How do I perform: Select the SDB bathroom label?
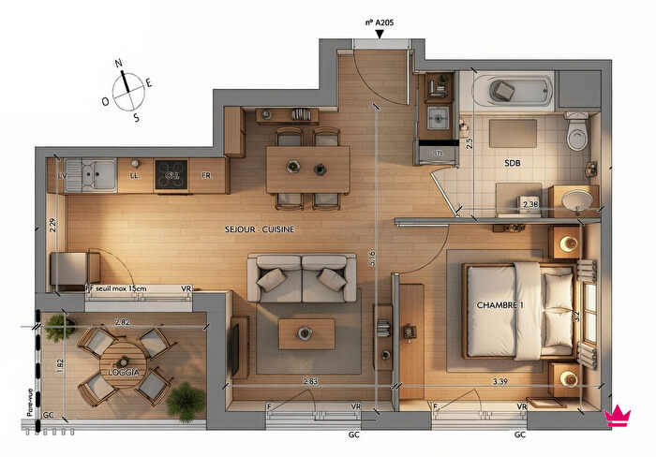512,162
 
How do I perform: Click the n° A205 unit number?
380,20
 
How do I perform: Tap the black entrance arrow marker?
379,35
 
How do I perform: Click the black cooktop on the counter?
171,174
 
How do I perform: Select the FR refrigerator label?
207,175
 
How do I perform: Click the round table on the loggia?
122,362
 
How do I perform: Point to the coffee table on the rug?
306,332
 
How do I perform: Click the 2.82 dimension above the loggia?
122,322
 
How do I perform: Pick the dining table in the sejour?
307,170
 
